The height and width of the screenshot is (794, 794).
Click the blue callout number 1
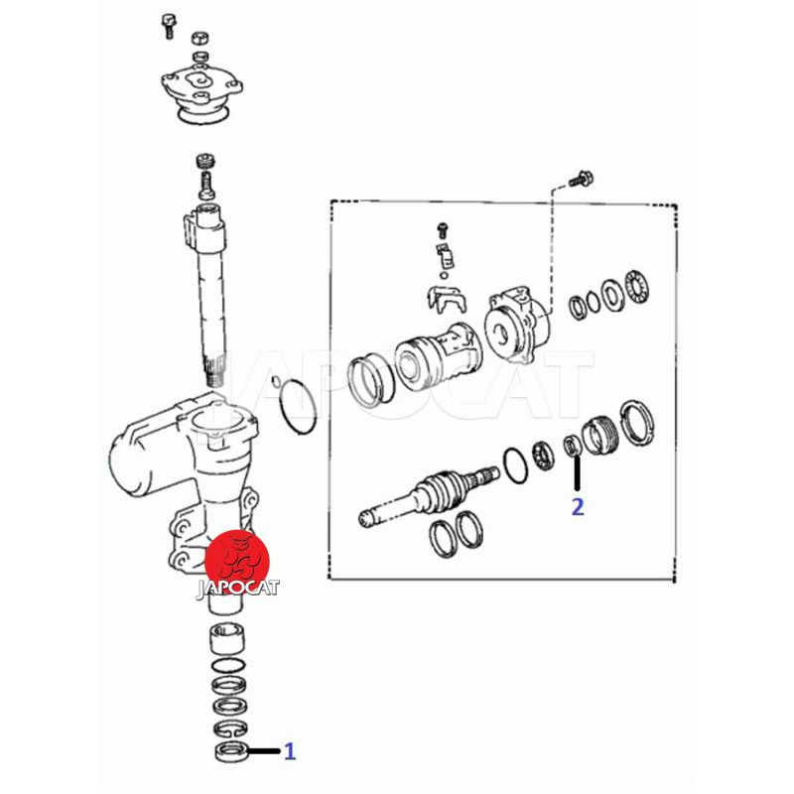coord(290,751)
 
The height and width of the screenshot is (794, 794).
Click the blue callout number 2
coord(578,506)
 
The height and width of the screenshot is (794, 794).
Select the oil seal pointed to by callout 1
coord(231,750)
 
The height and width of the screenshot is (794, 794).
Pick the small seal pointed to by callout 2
coord(572,445)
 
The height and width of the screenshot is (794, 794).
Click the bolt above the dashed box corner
coord(582,179)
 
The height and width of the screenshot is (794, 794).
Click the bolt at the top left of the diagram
coord(168,26)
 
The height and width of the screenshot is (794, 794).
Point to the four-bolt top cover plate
coord(201,91)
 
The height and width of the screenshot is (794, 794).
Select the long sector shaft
coord(207,293)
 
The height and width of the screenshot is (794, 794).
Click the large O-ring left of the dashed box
coord(298,407)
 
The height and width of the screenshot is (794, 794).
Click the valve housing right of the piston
coord(517,324)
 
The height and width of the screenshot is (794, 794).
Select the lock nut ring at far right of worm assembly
coord(637,423)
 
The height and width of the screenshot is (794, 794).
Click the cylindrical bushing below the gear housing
coord(228,640)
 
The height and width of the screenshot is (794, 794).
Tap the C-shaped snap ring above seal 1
coord(230,728)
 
